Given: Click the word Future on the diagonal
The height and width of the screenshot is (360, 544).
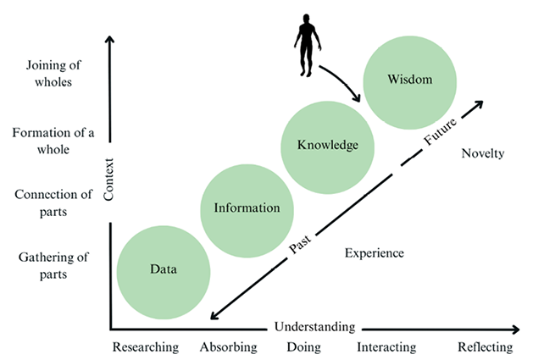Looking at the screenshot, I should point(441,131).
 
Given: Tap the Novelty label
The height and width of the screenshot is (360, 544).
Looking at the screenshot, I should point(484,153).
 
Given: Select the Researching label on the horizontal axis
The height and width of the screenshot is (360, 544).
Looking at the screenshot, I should point(146,346).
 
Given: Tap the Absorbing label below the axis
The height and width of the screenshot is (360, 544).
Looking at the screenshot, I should point(228,346).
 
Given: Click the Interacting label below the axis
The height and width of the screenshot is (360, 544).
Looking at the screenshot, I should point(386,346).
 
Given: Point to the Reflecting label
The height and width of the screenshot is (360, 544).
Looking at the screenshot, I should point(485,346).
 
